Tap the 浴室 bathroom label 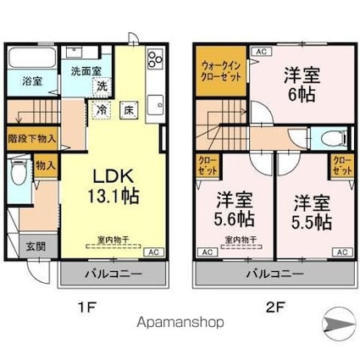[32, 82]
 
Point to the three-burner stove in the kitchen [155, 60]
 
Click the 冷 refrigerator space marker [102, 110]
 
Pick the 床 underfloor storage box [128, 109]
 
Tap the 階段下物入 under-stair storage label [31, 138]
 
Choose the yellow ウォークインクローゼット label [222, 69]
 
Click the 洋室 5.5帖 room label [313, 212]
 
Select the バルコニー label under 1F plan [112, 274]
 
